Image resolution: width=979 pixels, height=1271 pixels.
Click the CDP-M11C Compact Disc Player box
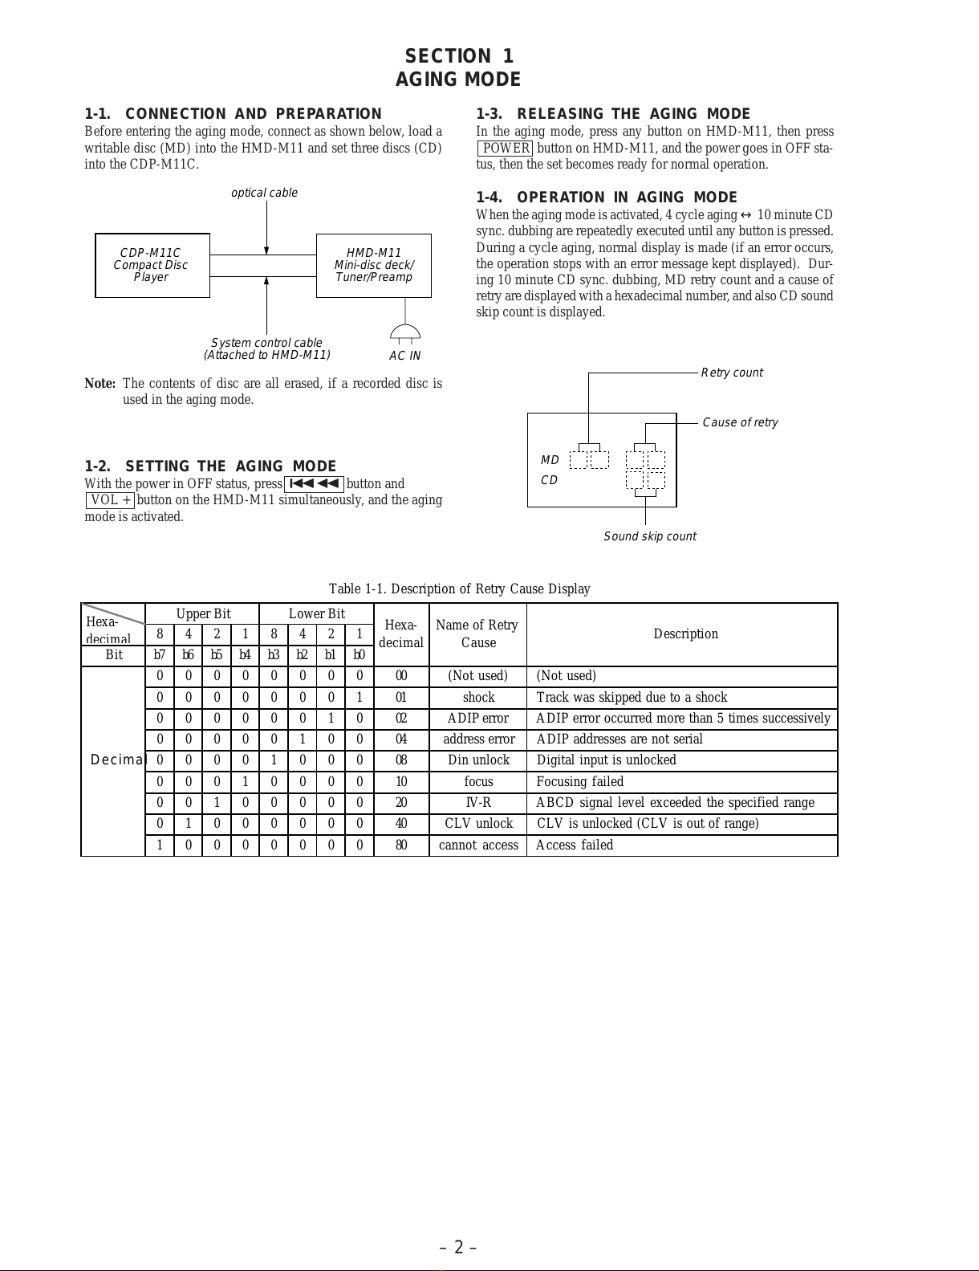tap(152, 265)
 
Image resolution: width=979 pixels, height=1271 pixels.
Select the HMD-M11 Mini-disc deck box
tap(373, 265)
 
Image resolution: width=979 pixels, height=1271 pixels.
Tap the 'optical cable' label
tap(264, 193)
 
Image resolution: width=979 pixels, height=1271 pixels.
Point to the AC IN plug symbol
tap(405, 332)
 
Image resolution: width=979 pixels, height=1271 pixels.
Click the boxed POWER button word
tap(506, 148)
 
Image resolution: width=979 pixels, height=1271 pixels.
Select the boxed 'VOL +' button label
tap(111, 500)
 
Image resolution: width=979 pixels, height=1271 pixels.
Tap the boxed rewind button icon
tap(314, 483)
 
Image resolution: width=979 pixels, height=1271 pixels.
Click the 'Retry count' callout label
tap(732, 373)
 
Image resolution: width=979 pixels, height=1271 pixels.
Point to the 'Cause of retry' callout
tap(740, 422)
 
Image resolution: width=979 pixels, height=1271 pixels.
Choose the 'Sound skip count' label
tap(650, 536)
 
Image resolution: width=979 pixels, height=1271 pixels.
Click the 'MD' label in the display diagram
tap(550, 460)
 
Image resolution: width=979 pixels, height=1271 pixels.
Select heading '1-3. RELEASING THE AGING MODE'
tap(613, 114)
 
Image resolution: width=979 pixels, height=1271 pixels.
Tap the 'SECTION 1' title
tap(459, 56)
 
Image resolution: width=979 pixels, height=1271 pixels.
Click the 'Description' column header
tap(685, 634)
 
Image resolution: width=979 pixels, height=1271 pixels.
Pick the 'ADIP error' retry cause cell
tap(478, 718)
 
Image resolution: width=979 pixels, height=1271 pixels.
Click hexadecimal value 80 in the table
tap(401, 845)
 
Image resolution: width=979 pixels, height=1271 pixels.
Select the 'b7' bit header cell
tap(160, 654)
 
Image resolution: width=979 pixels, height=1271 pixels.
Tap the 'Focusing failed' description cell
tap(580, 781)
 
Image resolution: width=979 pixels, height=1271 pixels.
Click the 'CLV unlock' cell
tap(478, 824)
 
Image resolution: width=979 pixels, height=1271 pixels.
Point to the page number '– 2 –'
tap(459, 1247)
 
